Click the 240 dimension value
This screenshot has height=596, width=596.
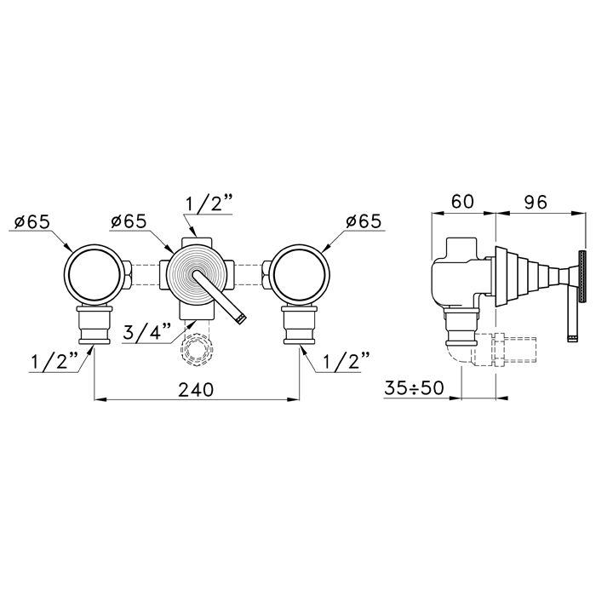point(196,389)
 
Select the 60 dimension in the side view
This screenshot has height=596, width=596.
point(462,201)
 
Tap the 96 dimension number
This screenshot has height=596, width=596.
point(536,202)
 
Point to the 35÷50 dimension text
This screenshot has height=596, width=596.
point(414,388)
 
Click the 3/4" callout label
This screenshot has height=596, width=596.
point(147,333)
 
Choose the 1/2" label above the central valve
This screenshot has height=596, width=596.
point(209,204)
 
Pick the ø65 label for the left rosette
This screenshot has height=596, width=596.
point(32,221)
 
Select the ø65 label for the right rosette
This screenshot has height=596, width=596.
point(364,221)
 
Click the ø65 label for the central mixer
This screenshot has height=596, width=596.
point(129,221)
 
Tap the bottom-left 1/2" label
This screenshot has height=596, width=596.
point(55,361)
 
